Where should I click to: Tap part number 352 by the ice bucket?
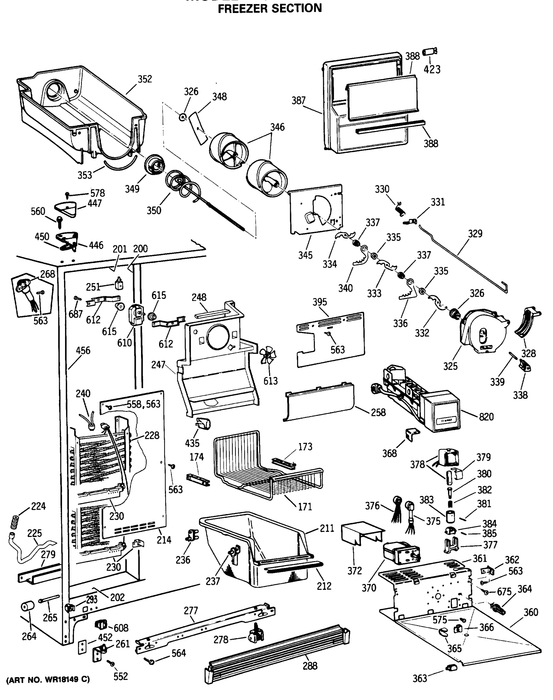coord(145,79)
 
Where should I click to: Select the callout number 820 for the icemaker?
coord(486,416)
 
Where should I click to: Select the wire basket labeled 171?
coord(269,467)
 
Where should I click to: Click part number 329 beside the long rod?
coord(475,233)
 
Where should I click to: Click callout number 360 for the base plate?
coord(531,612)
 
